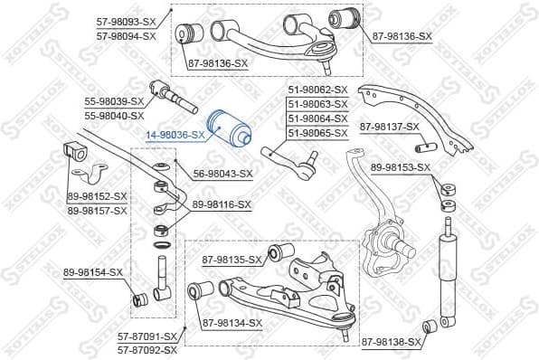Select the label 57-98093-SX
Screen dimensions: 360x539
click(126, 22)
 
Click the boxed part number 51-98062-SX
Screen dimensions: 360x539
click(317, 90)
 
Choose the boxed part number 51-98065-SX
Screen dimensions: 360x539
click(317, 133)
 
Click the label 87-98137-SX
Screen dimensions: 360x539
click(390, 127)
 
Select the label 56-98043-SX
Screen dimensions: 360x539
click(223, 174)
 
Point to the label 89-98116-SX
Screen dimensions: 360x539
click(221, 205)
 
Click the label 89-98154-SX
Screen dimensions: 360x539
click(93, 272)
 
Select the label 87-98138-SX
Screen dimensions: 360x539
click(391, 342)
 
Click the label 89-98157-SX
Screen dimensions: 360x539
click(98, 210)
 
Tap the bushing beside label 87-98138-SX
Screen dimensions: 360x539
click(431, 326)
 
